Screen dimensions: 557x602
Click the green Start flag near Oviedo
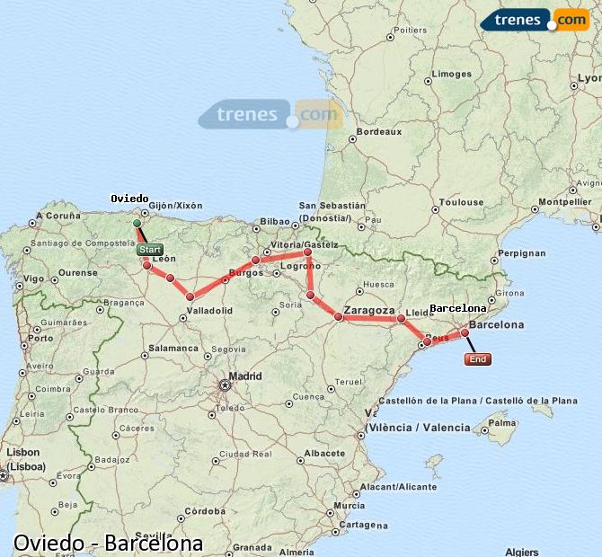point(151,250)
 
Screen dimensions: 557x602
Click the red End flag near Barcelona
point(478,359)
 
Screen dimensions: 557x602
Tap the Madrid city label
point(245,376)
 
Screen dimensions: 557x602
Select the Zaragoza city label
point(370,309)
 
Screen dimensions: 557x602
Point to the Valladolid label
point(210,311)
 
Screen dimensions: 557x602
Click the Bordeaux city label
point(378,131)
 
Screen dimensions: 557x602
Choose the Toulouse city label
point(461,202)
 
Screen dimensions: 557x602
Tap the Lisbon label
point(23,452)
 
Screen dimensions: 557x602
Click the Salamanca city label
point(173,348)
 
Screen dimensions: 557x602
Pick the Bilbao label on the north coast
point(274,221)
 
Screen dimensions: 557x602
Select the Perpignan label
point(522,253)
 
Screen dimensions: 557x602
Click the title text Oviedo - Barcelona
point(108,544)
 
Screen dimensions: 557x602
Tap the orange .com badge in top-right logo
point(571,20)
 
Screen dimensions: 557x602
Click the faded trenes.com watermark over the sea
point(270,115)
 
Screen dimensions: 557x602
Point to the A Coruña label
point(58,216)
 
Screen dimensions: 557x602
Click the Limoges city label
point(451,75)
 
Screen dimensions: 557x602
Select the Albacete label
point(324,454)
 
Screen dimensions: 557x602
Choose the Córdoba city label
point(204,510)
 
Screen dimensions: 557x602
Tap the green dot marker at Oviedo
point(137,223)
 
